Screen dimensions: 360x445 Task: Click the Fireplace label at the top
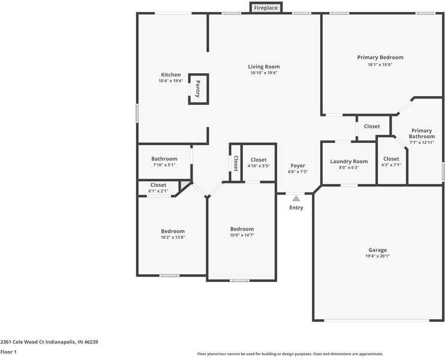(x=266, y=8)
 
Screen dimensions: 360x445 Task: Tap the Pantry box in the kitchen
(x=198, y=89)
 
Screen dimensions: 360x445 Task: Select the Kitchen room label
(x=170, y=75)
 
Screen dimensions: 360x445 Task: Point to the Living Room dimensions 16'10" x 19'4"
(x=264, y=73)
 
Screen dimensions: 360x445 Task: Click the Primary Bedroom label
(x=380, y=58)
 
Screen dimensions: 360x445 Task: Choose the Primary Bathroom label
(x=421, y=133)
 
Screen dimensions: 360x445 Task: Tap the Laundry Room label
(x=348, y=161)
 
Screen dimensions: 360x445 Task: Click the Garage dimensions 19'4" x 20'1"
(x=378, y=256)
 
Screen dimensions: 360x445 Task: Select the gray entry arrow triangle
(x=296, y=197)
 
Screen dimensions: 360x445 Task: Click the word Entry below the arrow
(x=296, y=208)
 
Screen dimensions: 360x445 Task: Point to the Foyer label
(x=297, y=166)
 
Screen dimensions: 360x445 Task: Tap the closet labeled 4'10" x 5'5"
(x=258, y=163)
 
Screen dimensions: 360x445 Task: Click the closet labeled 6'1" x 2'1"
(x=158, y=188)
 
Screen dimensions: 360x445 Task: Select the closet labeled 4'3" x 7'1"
(x=391, y=161)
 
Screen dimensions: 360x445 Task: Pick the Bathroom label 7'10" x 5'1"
(x=164, y=161)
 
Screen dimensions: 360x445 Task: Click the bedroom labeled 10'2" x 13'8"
(x=173, y=234)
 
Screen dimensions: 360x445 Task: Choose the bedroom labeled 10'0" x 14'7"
(x=242, y=232)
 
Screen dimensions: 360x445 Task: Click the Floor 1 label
(x=8, y=352)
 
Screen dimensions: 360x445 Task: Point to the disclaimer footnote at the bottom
(x=290, y=354)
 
